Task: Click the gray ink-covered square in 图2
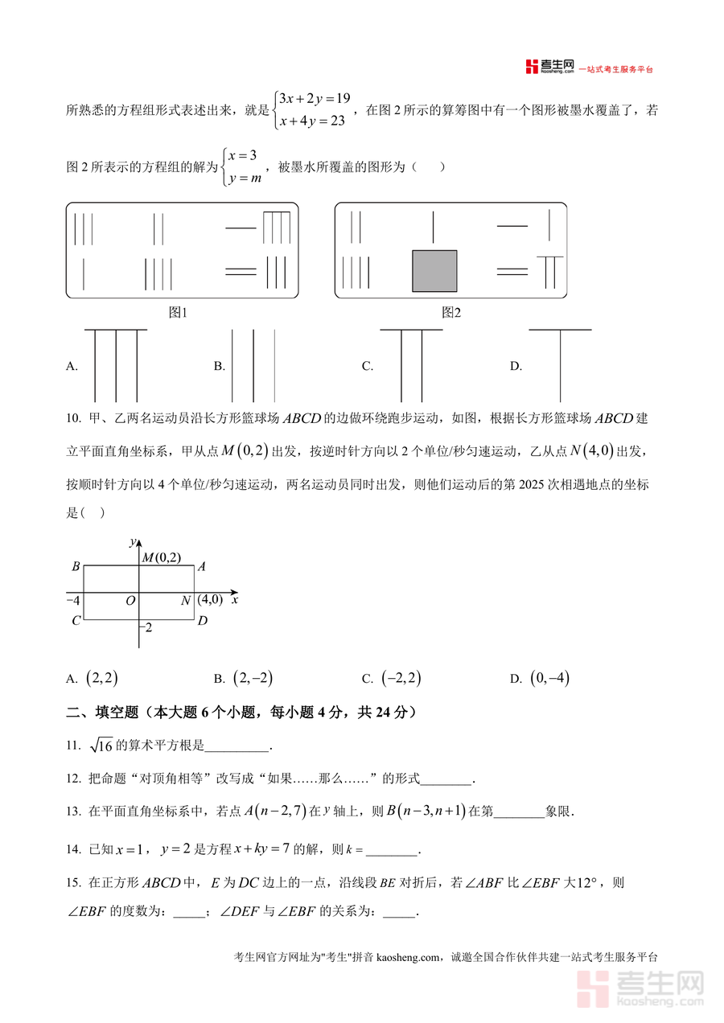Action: pyautogui.click(x=434, y=271)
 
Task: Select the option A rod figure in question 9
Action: pyautogui.click(x=116, y=365)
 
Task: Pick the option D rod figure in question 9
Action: pyautogui.click(x=560, y=365)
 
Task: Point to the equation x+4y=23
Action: pyautogui.click(x=312, y=121)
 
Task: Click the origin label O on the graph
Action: pyautogui.click(x=130, y=601)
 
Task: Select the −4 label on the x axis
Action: pyautogui.click(x=72, y=601)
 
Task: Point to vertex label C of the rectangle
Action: pyautogui.click(x=76, y=620)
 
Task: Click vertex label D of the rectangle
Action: pyautogui.click(x=203, y=620)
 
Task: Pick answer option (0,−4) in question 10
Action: pyautogui.click(x=549, y=678)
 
